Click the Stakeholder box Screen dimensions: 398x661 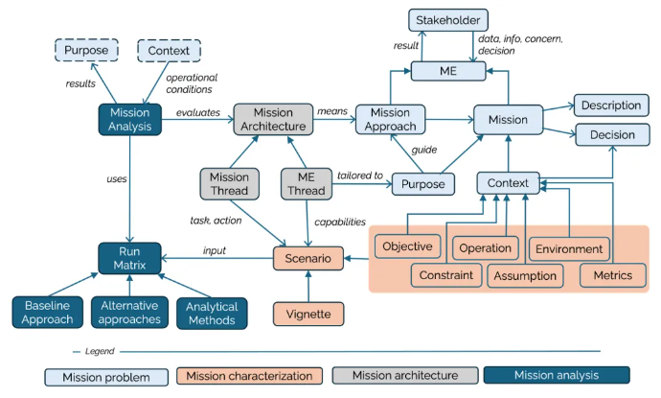(447, 20)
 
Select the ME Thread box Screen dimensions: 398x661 (307, 182)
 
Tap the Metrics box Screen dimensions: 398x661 (612, 275)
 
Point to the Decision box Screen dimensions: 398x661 (612, 134)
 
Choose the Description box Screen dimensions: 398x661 (612, 104)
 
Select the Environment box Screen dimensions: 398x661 (569, 248)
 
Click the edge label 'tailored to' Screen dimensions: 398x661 (360, 175)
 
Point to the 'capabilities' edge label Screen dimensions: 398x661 (340, 222)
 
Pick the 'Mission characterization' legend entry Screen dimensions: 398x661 (248, 375)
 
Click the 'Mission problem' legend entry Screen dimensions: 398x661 (107, 375)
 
